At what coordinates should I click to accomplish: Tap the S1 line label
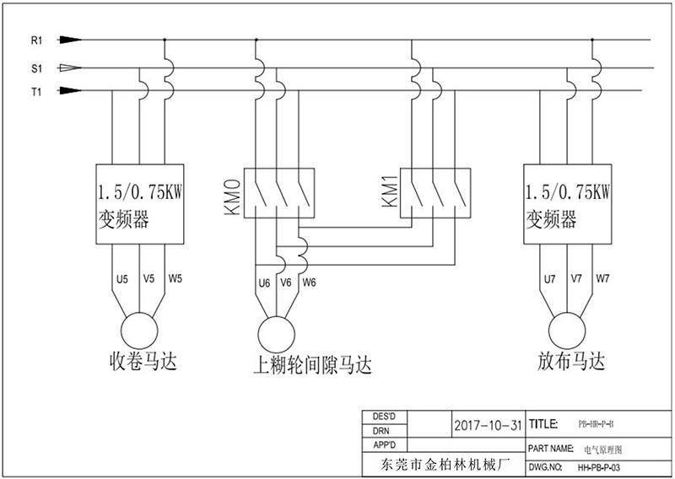(x=36, y=67)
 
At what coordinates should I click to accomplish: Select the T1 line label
(x=36, y=91)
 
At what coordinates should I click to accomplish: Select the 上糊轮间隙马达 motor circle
(x=275, y=331)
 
